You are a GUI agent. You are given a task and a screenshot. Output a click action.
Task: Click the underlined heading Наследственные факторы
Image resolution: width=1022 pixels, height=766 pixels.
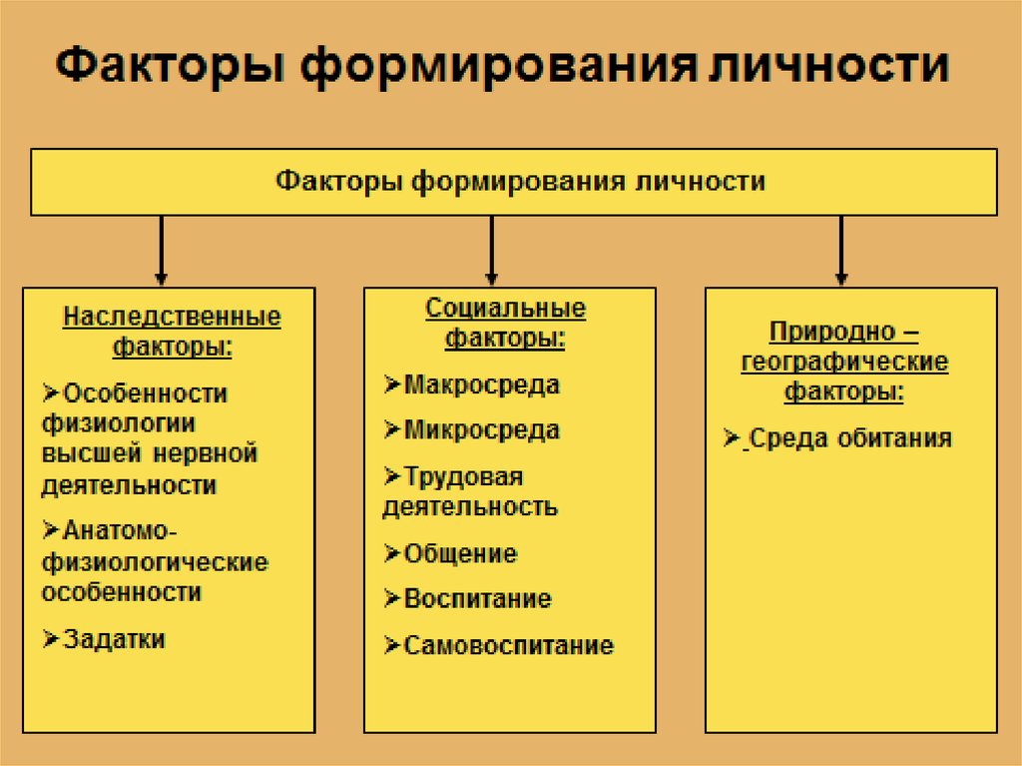tap(172, 332)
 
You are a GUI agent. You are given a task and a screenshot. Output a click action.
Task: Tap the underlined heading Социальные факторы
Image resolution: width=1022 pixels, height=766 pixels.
tap(505, 323)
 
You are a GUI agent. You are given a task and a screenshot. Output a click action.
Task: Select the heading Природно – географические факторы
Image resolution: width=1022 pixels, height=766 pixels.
tap(844, 361)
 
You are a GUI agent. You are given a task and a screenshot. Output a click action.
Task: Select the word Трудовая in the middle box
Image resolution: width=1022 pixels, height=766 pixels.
tap(463, 475)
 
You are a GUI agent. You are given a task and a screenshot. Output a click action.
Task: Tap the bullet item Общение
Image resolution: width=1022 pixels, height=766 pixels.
tap(460, 553)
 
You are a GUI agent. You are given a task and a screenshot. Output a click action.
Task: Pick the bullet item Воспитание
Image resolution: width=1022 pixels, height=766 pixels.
tap(477, 599)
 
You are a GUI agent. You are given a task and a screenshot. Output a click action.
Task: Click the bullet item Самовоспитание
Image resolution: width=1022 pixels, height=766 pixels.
tap(508, 645)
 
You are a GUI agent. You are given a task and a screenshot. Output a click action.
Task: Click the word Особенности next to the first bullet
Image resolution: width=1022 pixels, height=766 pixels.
tap(145, 393)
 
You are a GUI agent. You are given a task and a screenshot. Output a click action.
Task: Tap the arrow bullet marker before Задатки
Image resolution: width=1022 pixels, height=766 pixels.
tap(51, 639)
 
